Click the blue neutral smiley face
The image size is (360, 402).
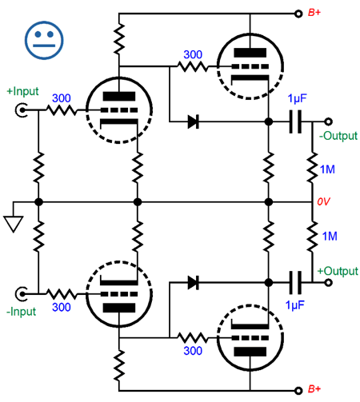pos(44,40)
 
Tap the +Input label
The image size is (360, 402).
pos(22,91)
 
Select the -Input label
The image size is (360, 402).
pos(21,312)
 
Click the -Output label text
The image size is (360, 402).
pos(338,136)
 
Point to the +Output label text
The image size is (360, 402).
pos(338,271)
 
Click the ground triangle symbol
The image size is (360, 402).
pos(13,224)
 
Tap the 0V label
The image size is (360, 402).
pos(323,201)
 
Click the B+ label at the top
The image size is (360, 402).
pos(314,13)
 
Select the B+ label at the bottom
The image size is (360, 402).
pos(314,389)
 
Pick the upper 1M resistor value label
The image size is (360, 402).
pos(327,169)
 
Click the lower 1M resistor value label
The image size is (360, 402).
pos(330,237)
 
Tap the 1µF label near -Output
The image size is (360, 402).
pos(297,98)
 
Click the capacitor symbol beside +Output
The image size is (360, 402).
pos(295,282)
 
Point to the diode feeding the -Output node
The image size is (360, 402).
pos(194,121)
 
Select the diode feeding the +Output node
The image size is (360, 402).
pos(194,283)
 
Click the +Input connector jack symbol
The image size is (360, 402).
pos(21,110)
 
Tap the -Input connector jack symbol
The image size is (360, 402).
pos(21,294)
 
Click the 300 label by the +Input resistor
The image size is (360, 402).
pos(62,98)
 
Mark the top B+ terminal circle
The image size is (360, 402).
pos(298,14)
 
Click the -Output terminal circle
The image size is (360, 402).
pos(329,121)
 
